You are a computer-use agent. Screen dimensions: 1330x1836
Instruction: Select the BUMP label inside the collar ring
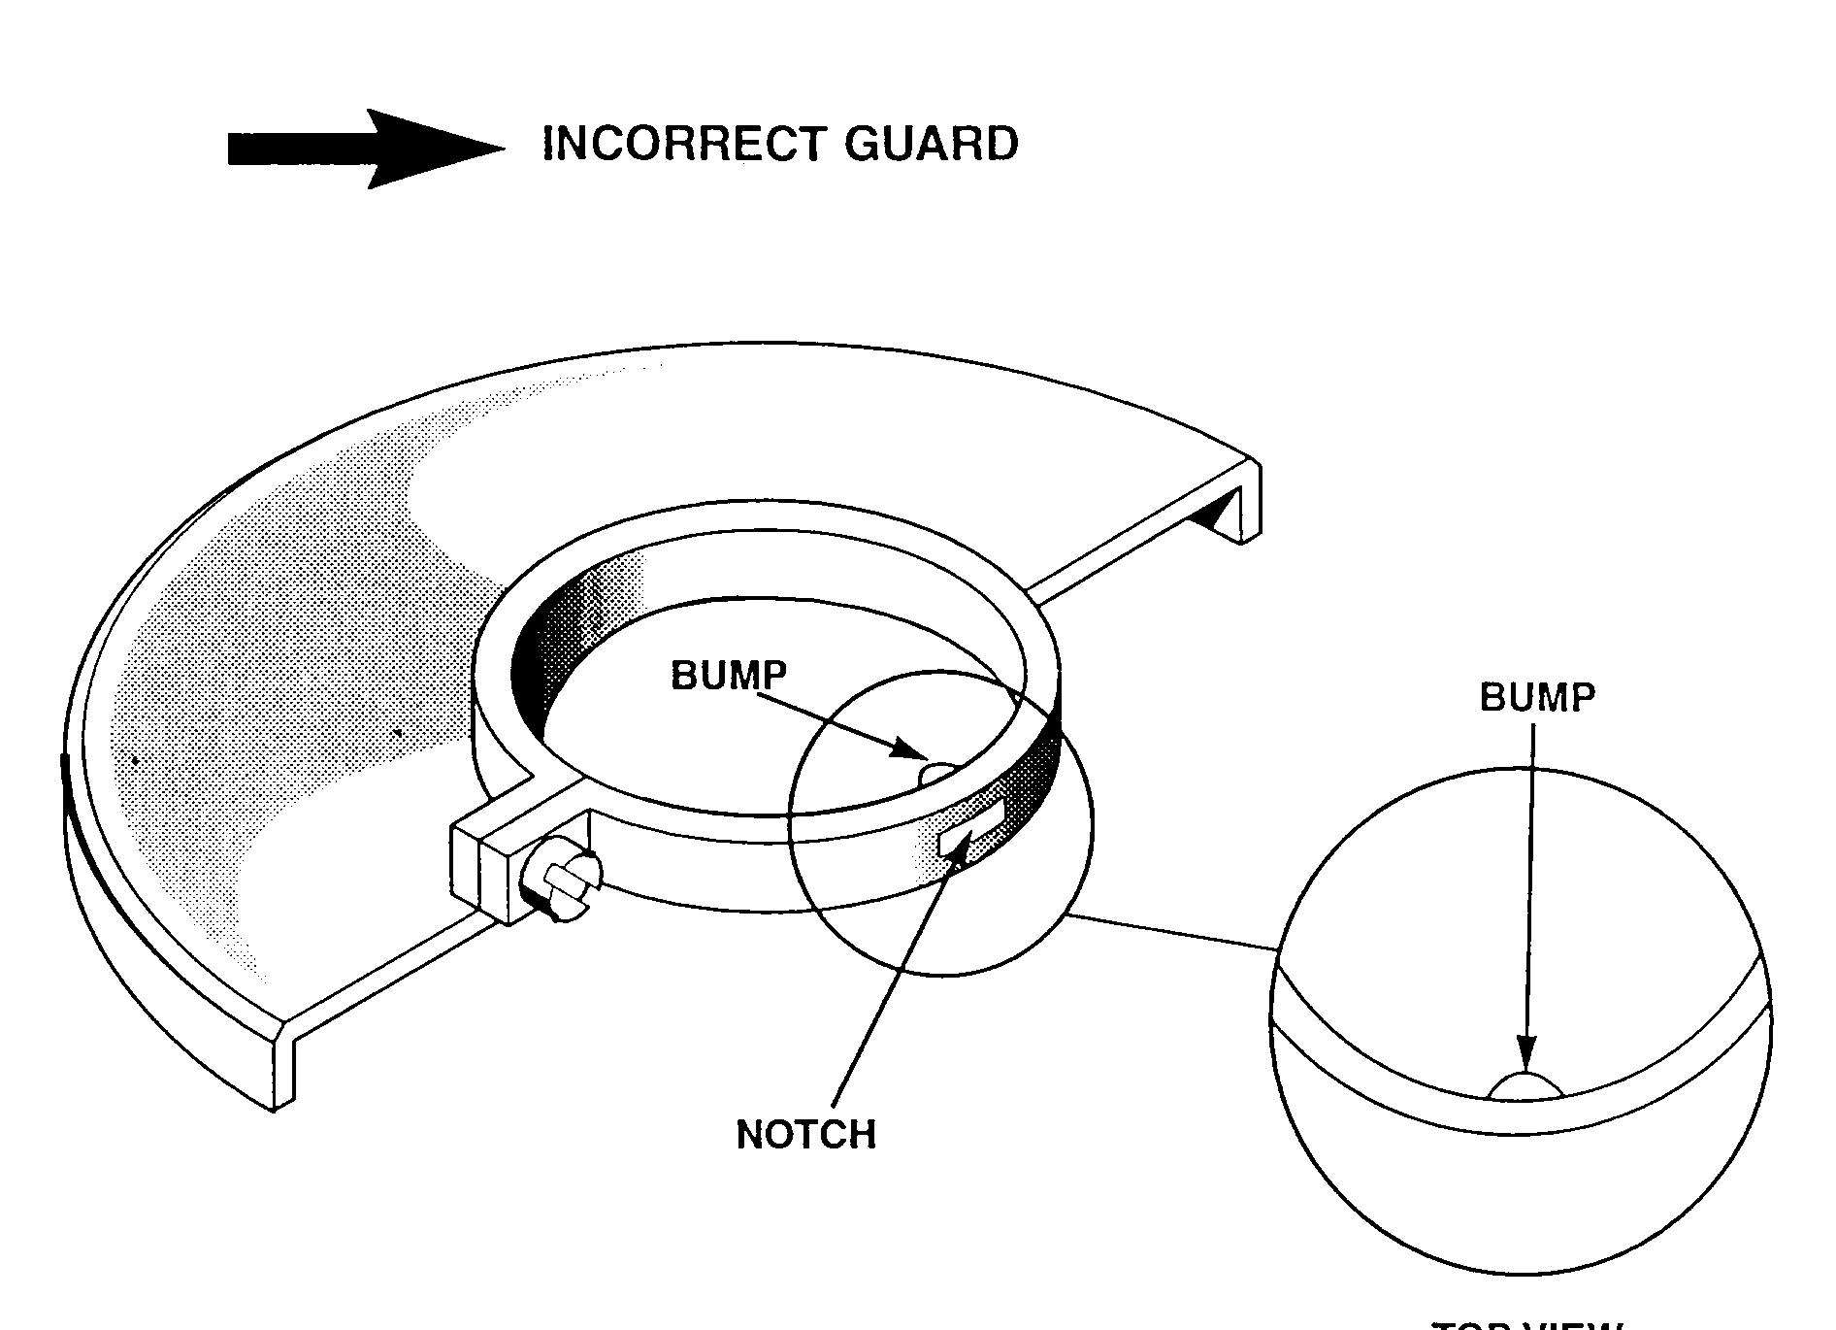(728, 675)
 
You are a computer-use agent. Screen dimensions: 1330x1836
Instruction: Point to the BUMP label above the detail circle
(1536, 697)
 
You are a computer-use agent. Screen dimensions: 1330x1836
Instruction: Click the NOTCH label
(805, 1134)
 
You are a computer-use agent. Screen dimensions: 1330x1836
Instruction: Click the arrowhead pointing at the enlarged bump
(1526, 1053)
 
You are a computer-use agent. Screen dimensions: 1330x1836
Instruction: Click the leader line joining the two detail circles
(1174, 932)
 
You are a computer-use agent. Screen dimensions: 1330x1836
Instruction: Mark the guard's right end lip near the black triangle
(1252, 500)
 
